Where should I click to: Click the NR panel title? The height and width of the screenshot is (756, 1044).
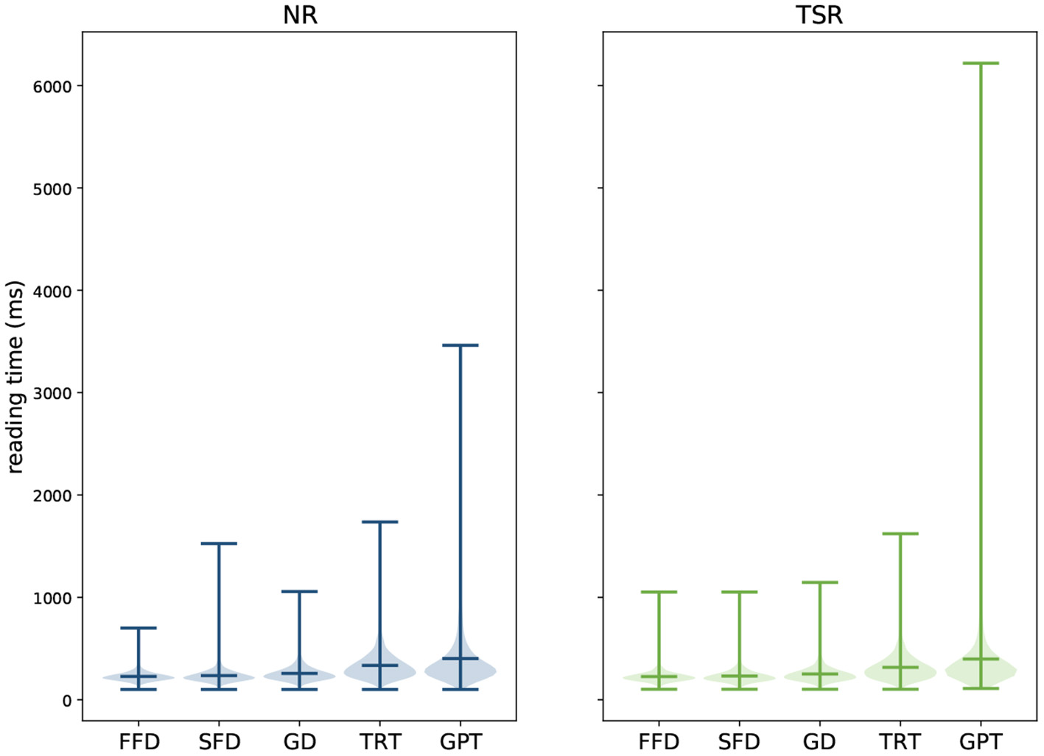[x=300, y=15]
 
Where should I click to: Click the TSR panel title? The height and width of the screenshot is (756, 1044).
[x=819, y=15]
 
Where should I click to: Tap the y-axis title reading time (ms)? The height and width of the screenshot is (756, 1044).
[x=15, y=376]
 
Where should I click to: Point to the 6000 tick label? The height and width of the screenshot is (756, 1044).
[x=52, y=87]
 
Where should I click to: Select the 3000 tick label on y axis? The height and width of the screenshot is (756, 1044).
[x=52, y=393]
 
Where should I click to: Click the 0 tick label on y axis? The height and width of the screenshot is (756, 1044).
[x=67, y=700]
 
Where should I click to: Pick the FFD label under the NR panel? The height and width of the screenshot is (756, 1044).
[x=139, y=741]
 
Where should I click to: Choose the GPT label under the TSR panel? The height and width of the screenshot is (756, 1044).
[x=981, y=741]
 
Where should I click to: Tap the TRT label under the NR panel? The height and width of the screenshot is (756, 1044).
[x=380, y=741]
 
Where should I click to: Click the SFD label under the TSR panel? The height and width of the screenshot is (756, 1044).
[x=739, y=741]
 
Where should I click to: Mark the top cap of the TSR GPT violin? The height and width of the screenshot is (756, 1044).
[x=981, y=63]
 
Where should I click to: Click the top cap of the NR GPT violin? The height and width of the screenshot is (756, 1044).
[x=460, y=345]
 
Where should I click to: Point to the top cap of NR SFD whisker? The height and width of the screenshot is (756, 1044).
[x=219, y=544]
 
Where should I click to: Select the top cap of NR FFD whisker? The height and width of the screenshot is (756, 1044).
[x=139, y=628]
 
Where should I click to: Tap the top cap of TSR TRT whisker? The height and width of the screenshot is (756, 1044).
[x=900, y=534]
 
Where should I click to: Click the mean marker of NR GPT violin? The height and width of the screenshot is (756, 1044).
[x=460, y=658]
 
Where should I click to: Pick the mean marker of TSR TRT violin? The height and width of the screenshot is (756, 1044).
[x=900, y=667]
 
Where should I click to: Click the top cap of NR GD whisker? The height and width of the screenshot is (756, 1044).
[x=299, y=591]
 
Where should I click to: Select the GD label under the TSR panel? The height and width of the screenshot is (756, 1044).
[x=819, y=741]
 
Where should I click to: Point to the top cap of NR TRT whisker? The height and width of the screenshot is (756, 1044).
[x=380, y=522]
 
